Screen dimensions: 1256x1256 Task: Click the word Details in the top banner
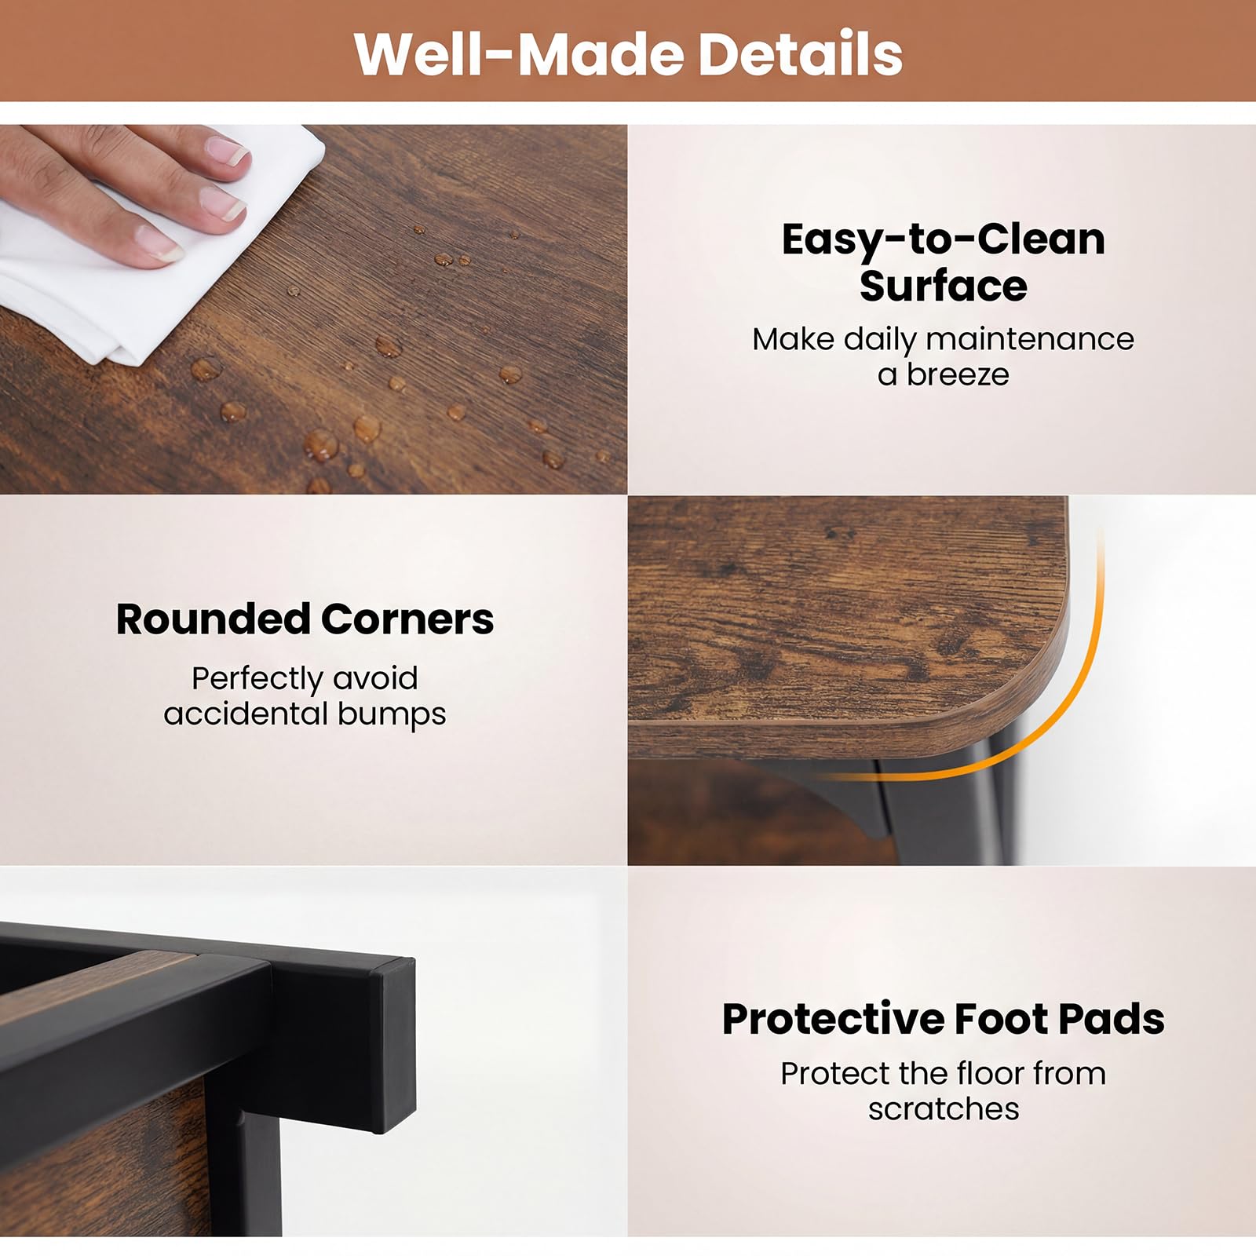799,53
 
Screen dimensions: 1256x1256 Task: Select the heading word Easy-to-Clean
943,240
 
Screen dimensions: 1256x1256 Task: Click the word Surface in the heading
943,286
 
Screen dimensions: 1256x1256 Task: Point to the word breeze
958,374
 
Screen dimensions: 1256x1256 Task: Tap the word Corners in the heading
407,619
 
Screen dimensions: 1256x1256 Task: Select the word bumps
392,715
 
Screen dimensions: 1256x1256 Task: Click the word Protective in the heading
834,1019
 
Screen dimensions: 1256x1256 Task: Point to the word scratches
944,1109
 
